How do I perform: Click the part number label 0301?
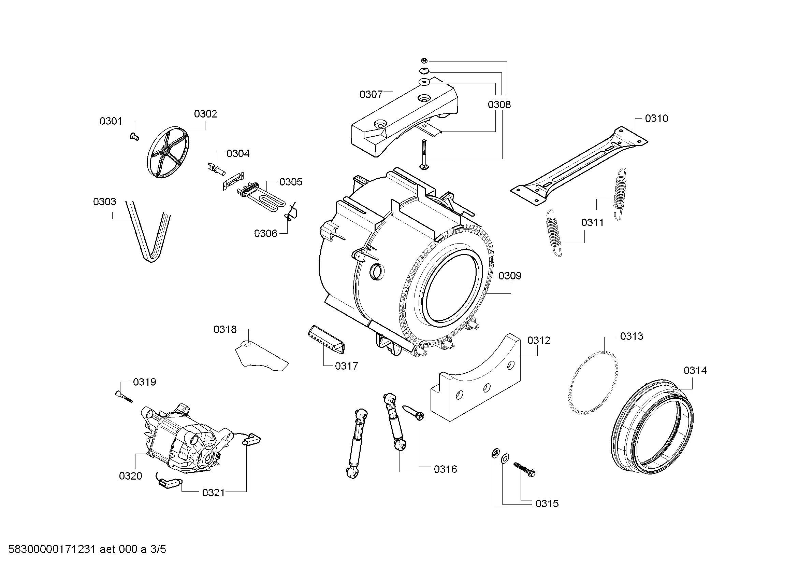click(111, 121)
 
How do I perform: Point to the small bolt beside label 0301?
click(134, 137)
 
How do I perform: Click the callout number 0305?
click(291, 182)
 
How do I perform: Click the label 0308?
click(499, 105)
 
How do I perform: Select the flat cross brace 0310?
click(579, 167)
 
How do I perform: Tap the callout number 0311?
click(592, 223)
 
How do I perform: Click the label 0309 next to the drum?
click(510, 276)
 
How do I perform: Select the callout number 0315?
click(547, 504)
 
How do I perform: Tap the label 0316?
click(445, 469)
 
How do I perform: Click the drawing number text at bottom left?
click(87, 549)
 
